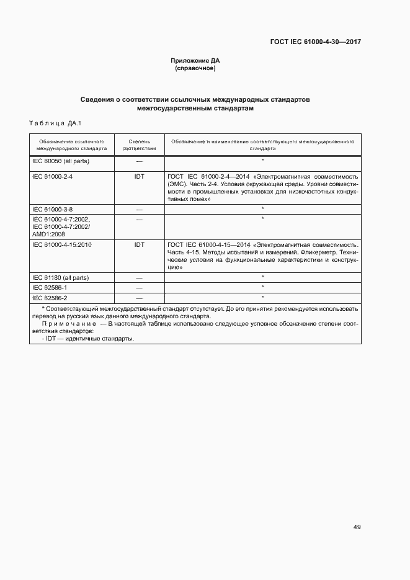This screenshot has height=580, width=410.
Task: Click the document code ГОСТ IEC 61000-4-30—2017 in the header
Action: pos(316,42)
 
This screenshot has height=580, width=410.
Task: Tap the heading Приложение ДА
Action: pos(195,61)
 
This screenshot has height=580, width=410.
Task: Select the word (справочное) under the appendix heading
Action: pos(195,68)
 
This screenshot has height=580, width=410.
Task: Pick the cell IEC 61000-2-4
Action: pos(52,176)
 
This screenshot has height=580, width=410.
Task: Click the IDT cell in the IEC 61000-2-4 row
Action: pos(139,176)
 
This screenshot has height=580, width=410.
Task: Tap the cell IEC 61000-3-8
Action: pos(52,209)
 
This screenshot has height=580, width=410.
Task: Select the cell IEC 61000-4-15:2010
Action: pos(61,245)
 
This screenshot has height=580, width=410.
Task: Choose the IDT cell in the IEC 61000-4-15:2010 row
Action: pos(139,245)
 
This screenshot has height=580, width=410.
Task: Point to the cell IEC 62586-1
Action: pos(50,288)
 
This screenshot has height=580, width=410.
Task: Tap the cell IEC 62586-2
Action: pos(50,298)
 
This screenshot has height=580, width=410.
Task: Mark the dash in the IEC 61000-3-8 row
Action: pos(139,209)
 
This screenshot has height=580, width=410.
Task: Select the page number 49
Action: pos(357,527)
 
